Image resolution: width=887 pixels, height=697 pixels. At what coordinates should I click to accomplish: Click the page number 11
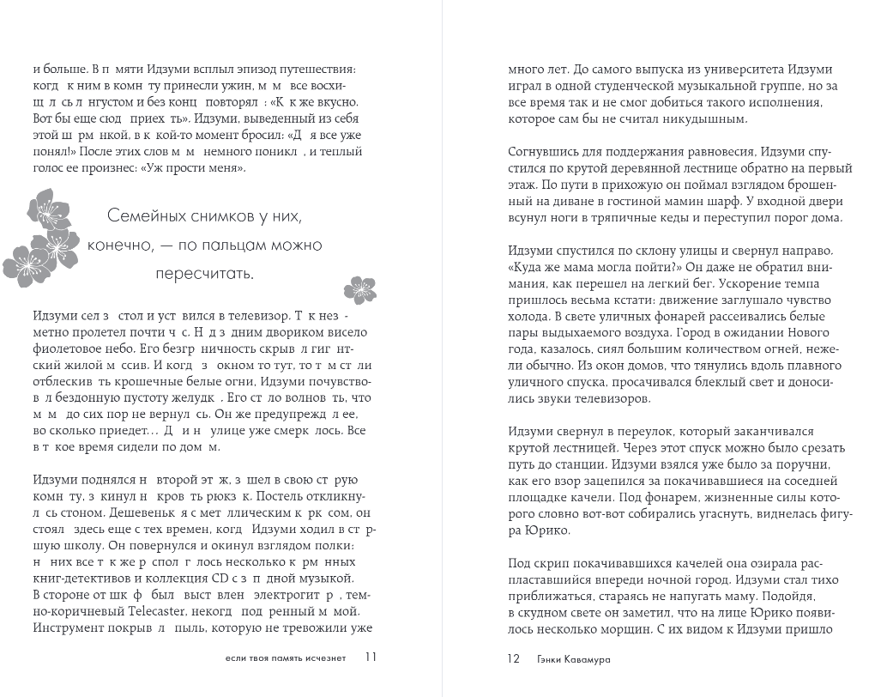371,658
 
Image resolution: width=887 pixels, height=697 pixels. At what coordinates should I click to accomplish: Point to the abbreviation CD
228,576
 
